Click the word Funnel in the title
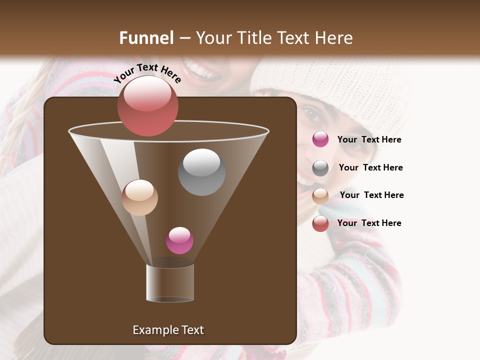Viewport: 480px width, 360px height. pyautogui.click(x=146, y=38)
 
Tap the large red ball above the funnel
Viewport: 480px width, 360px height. pyautogui.click(x=147, y=105)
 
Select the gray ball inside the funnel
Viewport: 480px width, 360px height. pyautogui.click(x=201, y=172)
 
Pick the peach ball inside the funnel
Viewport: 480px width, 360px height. pyautogui.click(x=139, y=197)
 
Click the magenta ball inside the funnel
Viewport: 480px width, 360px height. pyautogui.click(x=179, y=240)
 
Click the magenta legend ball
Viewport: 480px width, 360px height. pyautogui.click(x=320, y=139)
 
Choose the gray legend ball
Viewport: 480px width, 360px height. pyautogui.click(x=320, y=167)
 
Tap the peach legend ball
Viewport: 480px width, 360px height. pyautogui.click(x=320, y=195)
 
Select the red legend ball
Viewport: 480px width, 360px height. pyautogui.click(x=320, y=223)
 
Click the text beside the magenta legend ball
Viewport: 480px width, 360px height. pyautogui.click(x=369, y=139)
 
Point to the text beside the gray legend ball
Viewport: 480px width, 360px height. pyautogui.click(x=370, y=167)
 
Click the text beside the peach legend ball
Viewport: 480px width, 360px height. pyautogui.click(x=371, y=195)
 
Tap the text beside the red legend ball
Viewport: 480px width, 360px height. pyautogui.click(x=369, y=223)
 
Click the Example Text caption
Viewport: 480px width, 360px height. pyautogui.click(x=168, y=330)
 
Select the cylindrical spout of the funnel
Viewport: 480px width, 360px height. pyautogui.click(x=170, y=282)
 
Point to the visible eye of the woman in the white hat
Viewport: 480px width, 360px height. pyautogui.click(x=311, y=114)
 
